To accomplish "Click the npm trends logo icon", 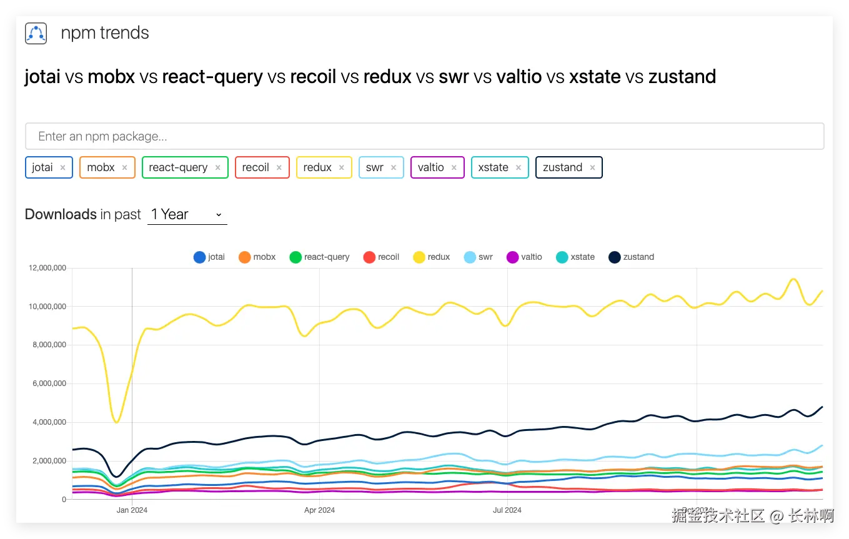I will coord(36,33).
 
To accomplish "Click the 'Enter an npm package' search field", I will coord(424,136).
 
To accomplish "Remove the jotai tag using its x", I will coord(63,167).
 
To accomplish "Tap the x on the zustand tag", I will coord(592,167).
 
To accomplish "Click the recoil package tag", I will coord(256,167).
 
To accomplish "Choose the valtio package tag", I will coord(430,167).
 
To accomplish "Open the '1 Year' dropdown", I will coord(187,215).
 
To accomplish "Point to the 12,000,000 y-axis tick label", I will coord(47,268).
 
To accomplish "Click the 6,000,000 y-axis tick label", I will coord(49,383).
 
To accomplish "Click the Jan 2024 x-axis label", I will coord(132,510).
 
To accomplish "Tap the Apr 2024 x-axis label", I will coord(319,510).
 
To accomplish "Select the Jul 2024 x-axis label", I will coord(507,510).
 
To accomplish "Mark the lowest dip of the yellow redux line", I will coord(117,422).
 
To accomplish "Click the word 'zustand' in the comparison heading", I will coord(682,77).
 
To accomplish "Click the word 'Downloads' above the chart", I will coord(61,214).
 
